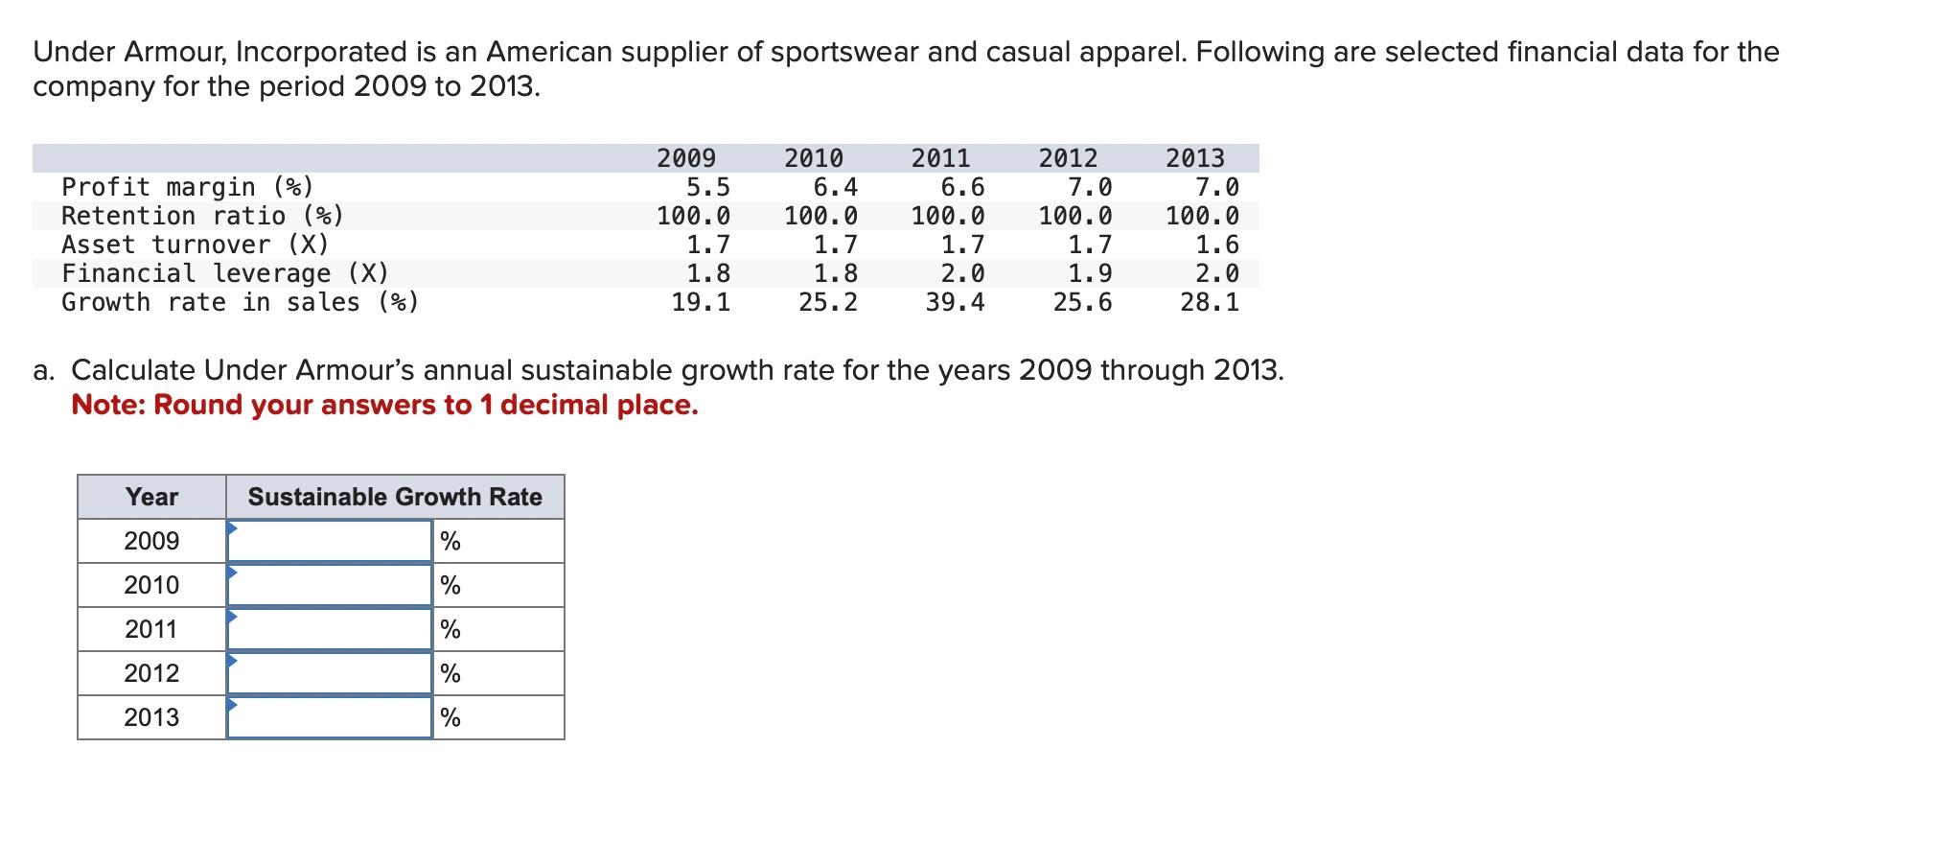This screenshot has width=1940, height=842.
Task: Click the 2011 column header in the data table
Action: coord(940,158)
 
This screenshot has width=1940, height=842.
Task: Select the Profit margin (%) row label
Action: coord(188,187)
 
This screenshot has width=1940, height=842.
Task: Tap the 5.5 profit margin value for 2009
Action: coord(707,187)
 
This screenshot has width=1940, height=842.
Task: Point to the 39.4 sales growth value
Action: coord(955,303)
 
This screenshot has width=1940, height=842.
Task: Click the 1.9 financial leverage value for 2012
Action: coord(1090,274)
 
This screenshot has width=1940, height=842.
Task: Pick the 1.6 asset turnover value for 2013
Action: coord(1217,246)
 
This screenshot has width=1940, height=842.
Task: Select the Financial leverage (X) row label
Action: coord(225,274)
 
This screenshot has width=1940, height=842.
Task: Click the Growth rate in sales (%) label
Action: coord(241,303)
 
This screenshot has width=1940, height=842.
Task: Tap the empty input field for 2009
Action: coord(330,542)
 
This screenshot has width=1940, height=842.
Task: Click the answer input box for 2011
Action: coord(330,630)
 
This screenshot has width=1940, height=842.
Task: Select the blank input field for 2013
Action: coord(330,718)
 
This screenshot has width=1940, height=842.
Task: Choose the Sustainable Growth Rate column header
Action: coord(395,497)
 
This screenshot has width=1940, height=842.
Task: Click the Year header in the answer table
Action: coord(151,497)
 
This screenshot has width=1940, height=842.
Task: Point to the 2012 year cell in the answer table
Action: coord(151,673)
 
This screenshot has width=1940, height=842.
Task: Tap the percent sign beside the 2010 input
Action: coord(450,586)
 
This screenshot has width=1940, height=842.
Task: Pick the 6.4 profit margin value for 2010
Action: coord(835,187)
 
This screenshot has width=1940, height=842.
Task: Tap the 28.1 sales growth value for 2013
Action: coord(1210,303)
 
